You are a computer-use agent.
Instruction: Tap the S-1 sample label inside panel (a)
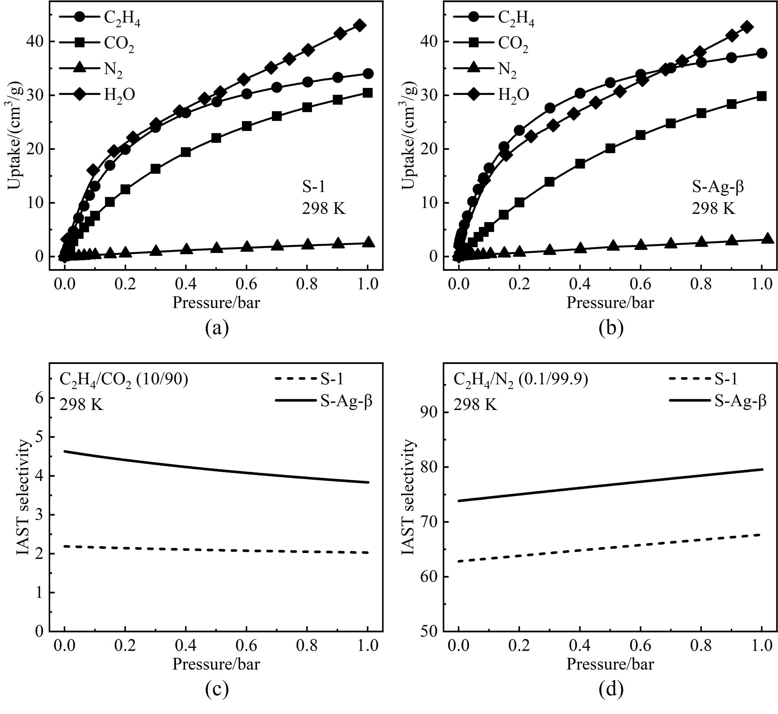313,187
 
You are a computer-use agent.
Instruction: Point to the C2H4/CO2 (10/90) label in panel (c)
124,380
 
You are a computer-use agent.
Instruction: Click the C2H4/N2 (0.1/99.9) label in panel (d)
520,380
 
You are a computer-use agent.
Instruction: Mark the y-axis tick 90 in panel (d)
432,413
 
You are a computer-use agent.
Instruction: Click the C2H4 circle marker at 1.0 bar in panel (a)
368,73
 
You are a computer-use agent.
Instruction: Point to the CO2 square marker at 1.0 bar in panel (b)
761,96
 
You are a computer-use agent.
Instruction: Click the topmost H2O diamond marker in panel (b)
747,27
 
